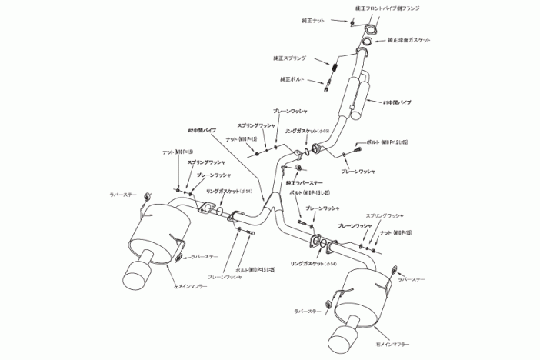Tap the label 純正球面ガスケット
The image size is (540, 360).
(x=413, y=39)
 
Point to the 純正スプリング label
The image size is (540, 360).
(x=289, y=58)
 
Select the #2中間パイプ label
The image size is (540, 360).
(x=202, y=130)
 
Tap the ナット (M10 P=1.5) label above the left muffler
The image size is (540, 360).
(x=178, y=152)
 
